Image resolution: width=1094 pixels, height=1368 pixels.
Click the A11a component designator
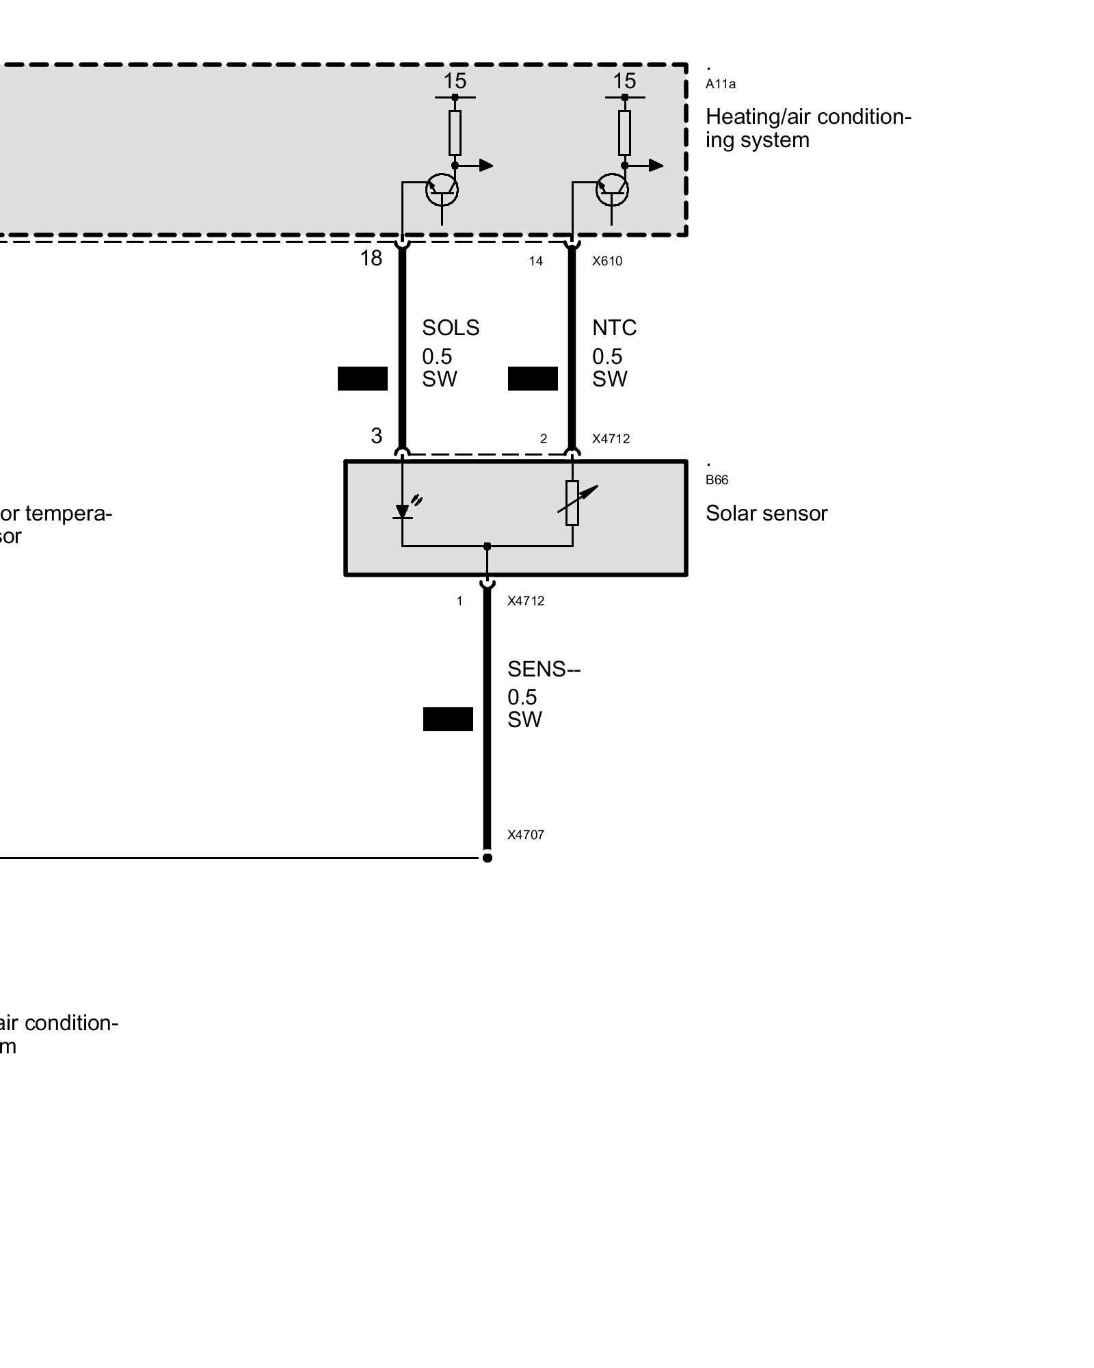click(721, 85)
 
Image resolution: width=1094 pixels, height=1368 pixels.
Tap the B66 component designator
click(717, 480)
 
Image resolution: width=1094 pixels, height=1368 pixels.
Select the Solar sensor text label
click(766, 514)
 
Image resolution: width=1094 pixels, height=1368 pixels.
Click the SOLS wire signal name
click(451, 328)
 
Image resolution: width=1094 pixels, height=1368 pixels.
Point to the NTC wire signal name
click(614, 328)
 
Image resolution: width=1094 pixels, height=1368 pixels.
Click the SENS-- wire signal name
click(544, 669)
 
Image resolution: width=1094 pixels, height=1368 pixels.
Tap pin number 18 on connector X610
click(371, 259)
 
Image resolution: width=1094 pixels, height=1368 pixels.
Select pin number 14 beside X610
click(535, 261)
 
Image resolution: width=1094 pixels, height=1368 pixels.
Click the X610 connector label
click(607, 261)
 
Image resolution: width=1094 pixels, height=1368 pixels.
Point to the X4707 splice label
click(525, 835)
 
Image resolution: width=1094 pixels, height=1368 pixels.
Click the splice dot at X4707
click(487, 858)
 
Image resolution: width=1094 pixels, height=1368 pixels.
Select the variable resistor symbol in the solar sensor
click(573, 503)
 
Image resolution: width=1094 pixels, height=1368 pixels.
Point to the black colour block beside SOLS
click(362, 379)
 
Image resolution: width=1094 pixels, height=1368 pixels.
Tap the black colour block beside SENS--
click(448, 720)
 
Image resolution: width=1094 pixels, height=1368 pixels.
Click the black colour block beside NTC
click(533, 379)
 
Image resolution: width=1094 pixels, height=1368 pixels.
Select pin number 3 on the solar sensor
click(376, 436)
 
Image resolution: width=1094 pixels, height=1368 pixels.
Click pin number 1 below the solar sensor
click(459, 601)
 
